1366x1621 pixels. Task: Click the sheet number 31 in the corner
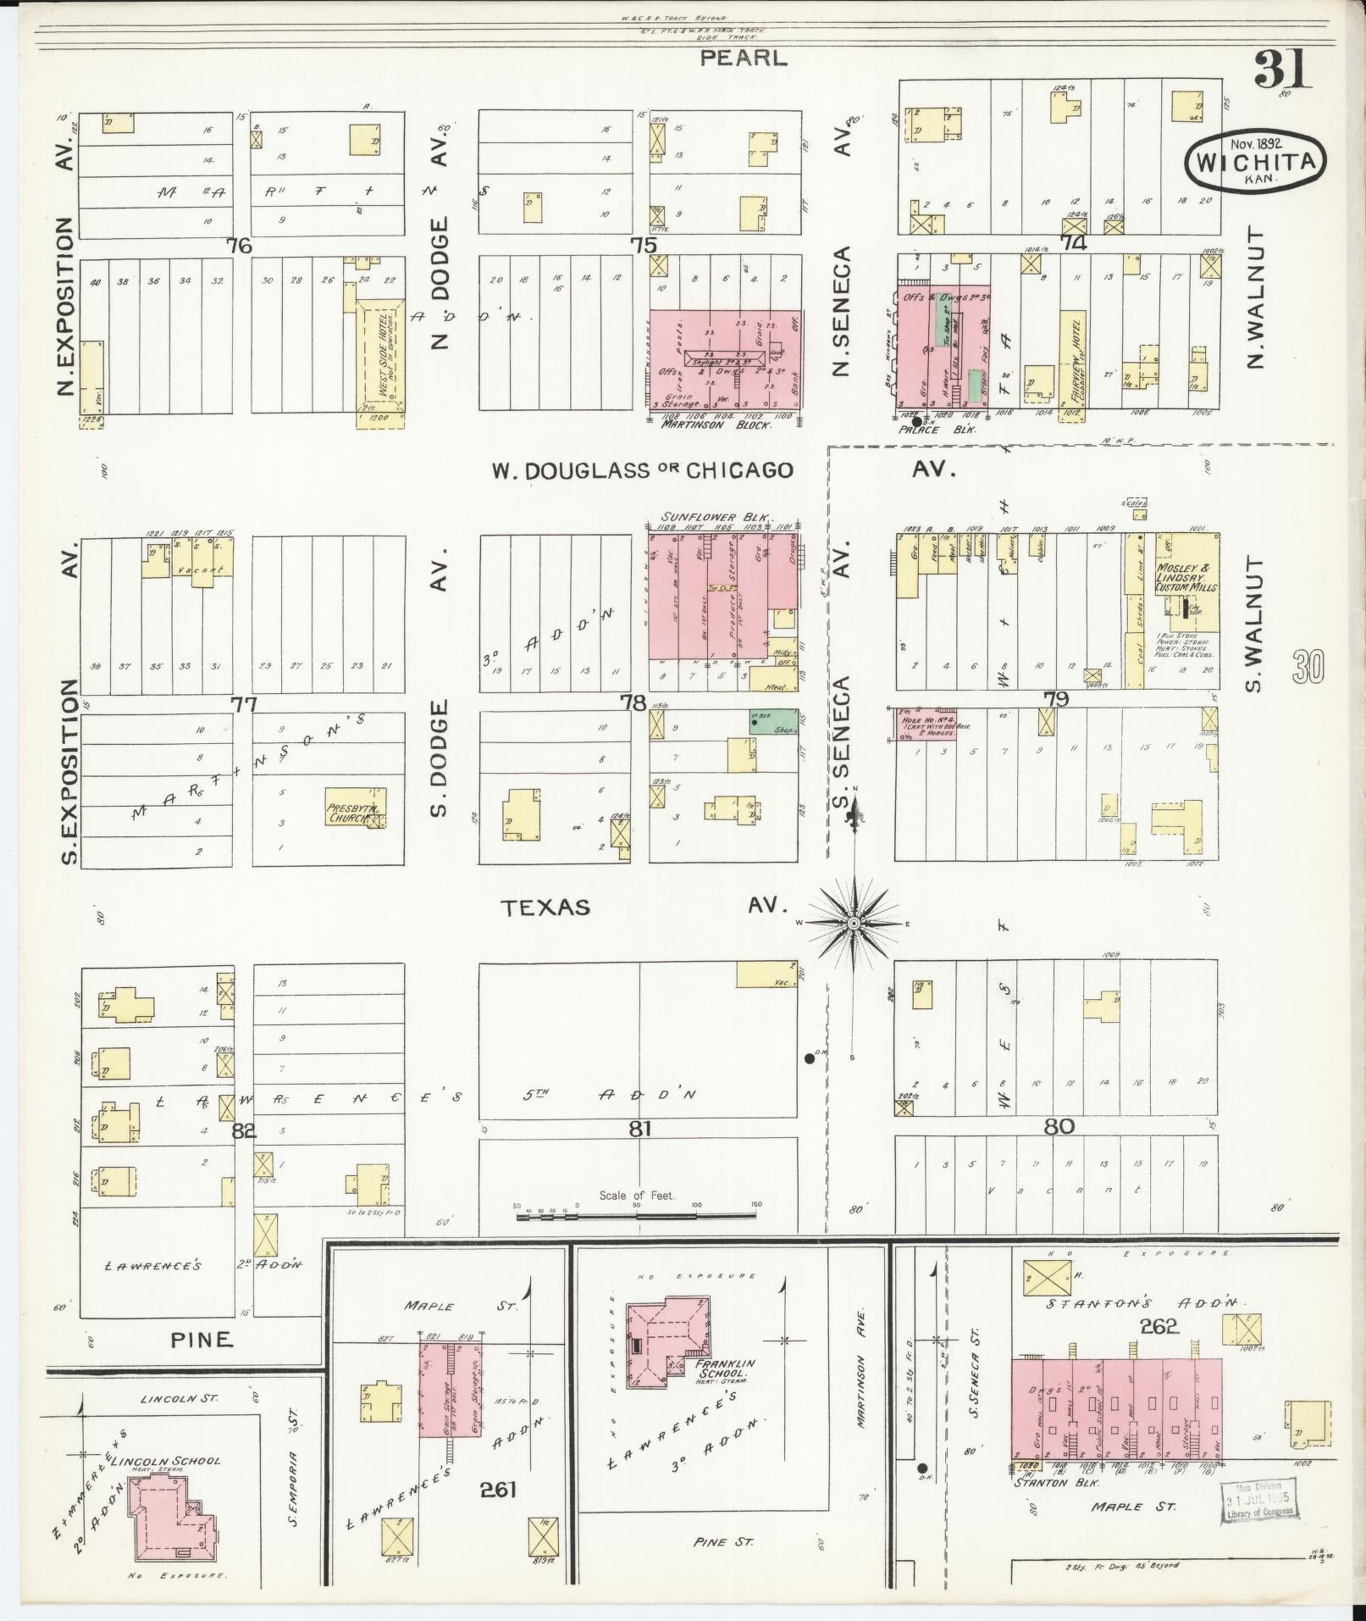click(1281, 69)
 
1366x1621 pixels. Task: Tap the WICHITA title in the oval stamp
click(1255, 162)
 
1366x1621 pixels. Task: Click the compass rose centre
click(854, 922)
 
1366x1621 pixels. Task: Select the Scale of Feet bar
click(636, 1217)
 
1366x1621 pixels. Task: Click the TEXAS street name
click(545, 908)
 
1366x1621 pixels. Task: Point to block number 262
click(1159, 1326)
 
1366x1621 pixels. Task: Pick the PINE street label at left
click(201, 1339)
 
